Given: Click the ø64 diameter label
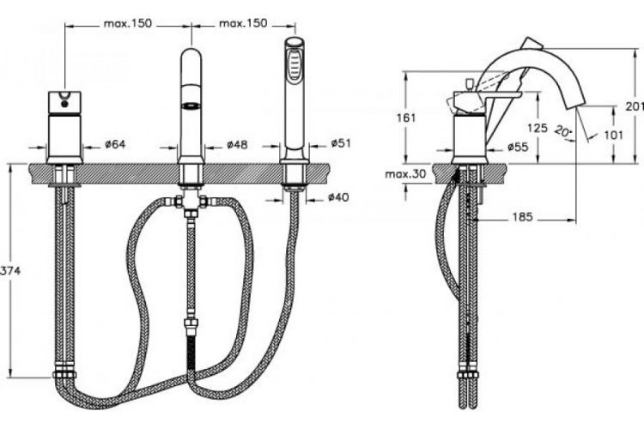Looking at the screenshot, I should tap(115, 143).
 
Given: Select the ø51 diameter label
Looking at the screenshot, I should tap(341, 143).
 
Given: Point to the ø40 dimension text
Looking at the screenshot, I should tap(337, 198).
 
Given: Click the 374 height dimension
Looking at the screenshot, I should tap(9, 270).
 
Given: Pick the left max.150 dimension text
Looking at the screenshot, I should tap(128, 23).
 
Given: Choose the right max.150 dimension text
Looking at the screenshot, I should tap(243, 23).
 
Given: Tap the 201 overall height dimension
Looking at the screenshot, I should tap(635, 106).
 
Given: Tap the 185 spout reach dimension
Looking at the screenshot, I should tap(521, 218).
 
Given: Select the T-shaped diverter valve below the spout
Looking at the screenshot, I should tap(191, 204).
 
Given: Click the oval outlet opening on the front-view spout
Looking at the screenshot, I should tap(191, 106).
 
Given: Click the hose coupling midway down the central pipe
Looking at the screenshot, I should tap(191, 326).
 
